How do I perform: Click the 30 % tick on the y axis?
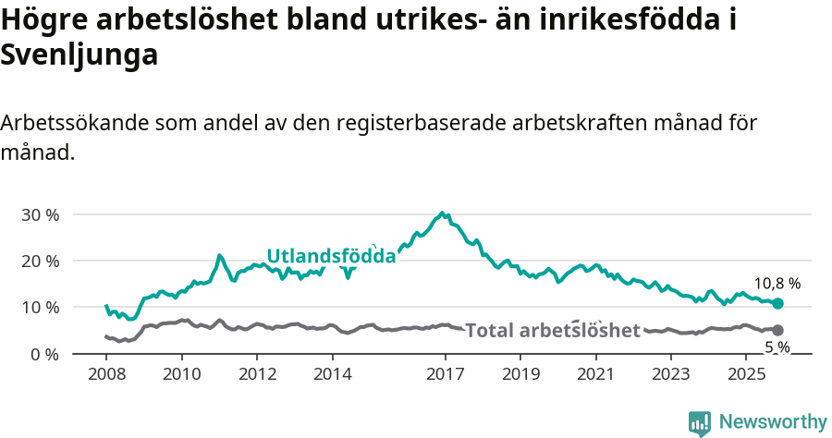click(x=40, y=214)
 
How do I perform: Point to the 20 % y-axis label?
click(x=40, y=261)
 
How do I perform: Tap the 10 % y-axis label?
click(x=40, y=307)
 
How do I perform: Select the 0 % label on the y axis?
click(x=44, y=354)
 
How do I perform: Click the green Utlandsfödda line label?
click(x=331, y=256)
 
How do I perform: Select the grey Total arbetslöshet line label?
click(x=552, y=331)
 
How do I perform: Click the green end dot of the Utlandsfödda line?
click(x=777, y=303)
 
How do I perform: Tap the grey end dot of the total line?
click(x=777, y=330)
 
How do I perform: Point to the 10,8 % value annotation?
click(x=777, y=284)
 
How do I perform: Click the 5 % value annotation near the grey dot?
click(x=777, y=347)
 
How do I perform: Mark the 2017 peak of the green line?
click(x=442, y=213)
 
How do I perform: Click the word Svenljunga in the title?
click(x=80, y=55)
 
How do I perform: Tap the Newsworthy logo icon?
click(x=700, y=423)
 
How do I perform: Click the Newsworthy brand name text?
click(x=772, y=422)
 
